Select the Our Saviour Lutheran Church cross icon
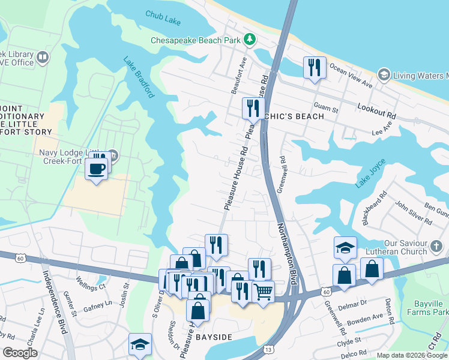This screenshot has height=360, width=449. [436, 246]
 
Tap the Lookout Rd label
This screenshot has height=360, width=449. [376, 113]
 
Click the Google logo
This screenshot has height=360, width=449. [20, 353]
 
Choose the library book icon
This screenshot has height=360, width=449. [42, 58]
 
